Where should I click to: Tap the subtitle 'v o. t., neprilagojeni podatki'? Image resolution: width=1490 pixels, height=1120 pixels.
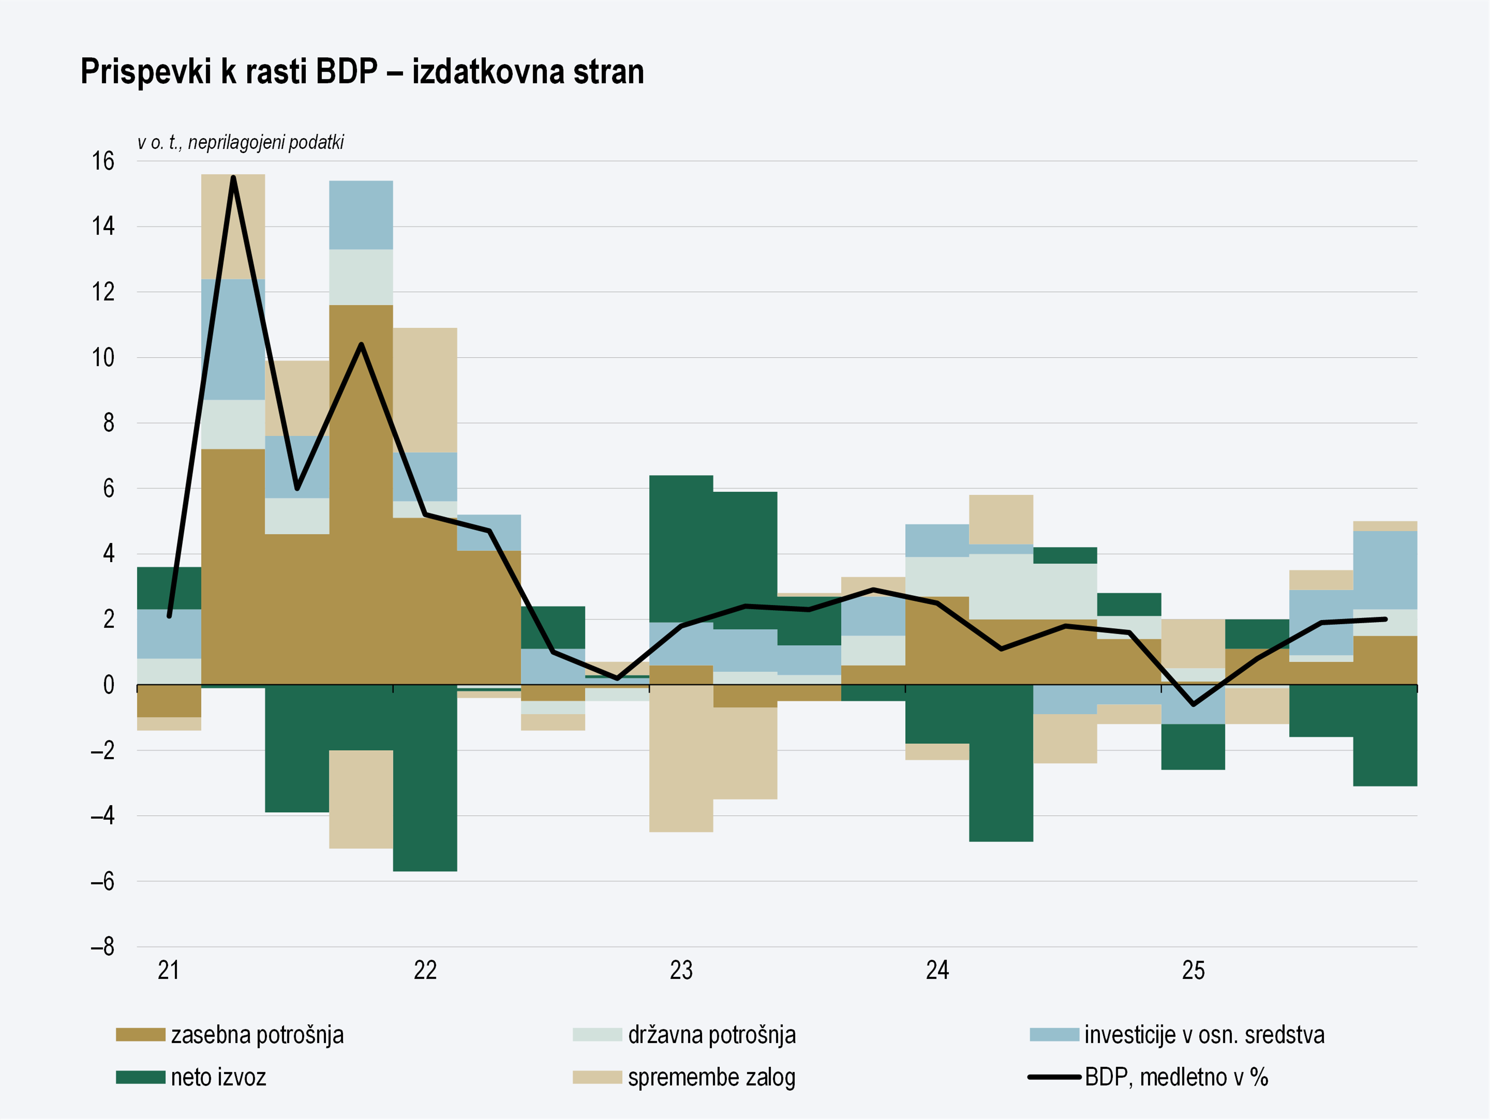241,143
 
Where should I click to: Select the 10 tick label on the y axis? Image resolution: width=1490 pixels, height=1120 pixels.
103,358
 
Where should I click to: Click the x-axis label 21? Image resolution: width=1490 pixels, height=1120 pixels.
168,970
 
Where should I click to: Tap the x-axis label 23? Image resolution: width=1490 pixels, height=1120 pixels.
681,970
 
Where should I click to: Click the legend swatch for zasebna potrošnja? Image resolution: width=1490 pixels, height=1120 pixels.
140,1034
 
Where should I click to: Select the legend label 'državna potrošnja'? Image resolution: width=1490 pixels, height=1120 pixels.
711,1034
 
